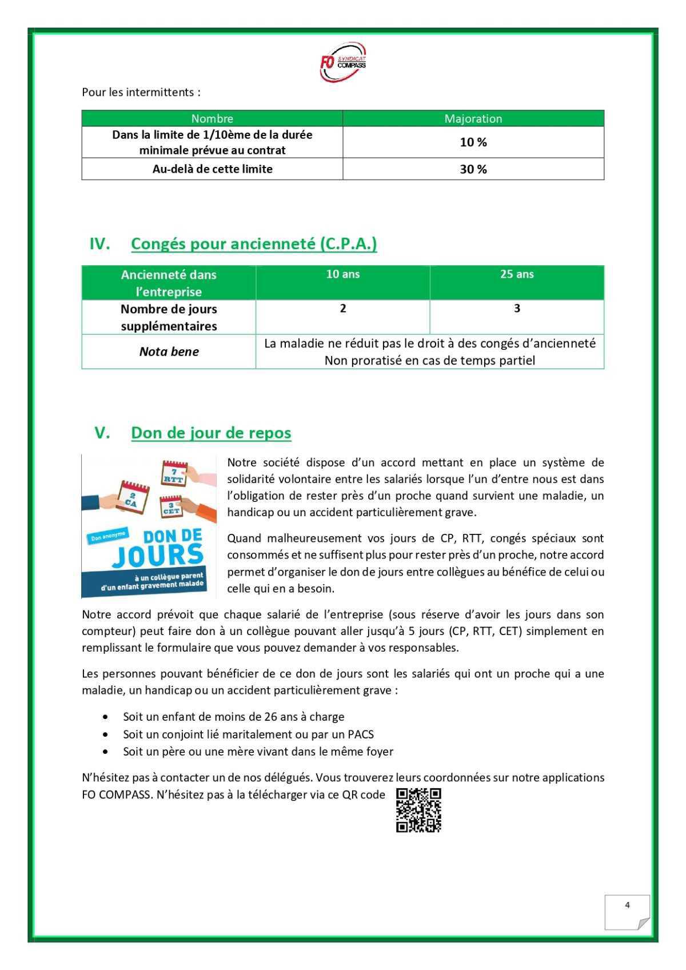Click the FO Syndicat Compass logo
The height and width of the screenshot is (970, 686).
pyautogui.click(x=342, y=61)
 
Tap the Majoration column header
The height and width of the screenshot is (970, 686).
pyautogui.click(x=473, y=118)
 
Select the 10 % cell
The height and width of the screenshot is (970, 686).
pyautogui.click(x=473, y=142)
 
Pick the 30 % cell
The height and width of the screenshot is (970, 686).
pyautogui.click(x=473, y=169)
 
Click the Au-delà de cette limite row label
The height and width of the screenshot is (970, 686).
pyautogui.click(x=212, y=169)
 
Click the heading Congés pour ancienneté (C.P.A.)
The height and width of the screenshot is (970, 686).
pyautogui.click(x=254, y=244)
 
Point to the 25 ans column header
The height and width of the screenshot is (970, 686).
pyautogui.click(x=516, y=274)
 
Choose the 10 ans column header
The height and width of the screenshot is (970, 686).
pyautogui.click(x=342, y=274)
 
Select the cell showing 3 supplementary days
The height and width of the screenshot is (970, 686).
pyautogui.click(x=516, y=309)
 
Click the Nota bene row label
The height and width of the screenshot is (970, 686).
pyautogui.click(x=169, y=352)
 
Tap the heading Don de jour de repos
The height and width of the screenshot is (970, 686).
pyautogui.click(x=211, y=433)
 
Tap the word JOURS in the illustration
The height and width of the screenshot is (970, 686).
pyautogui.click(x=157, y=555)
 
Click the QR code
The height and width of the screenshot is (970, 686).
pyautogui.click(x=418, y=810)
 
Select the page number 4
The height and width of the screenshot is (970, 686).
pyautogui.click(x=627, y=905)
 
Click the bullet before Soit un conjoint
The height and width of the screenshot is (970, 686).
pyautogui.click(x=105, y=734)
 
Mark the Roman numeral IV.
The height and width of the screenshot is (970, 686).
pyautogui.click(x=99, y=244)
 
